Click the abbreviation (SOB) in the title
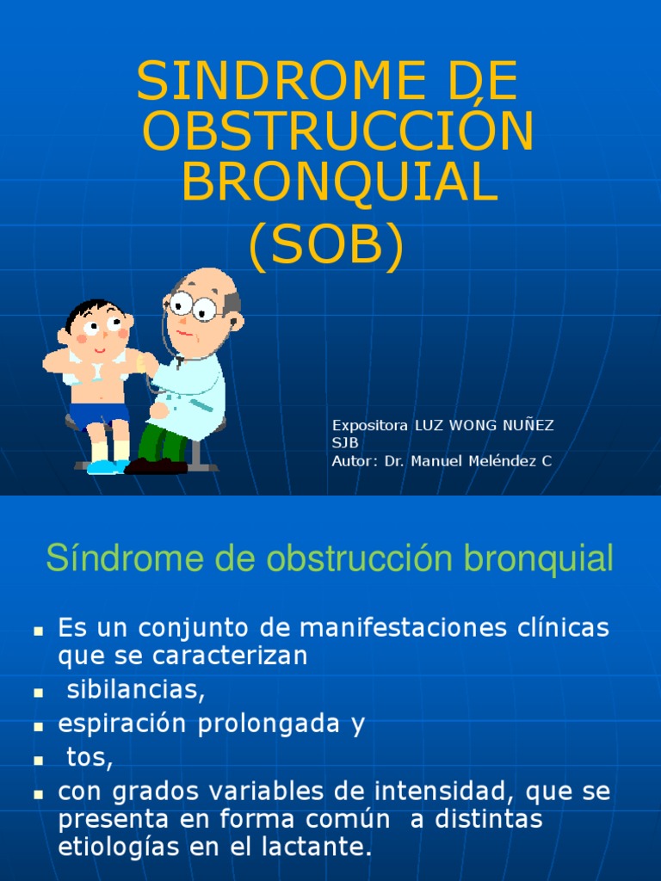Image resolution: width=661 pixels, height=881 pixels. click(326, 247)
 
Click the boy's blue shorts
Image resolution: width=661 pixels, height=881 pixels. click(99, 415)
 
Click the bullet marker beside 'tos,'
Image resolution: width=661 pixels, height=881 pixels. click(38, 761)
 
